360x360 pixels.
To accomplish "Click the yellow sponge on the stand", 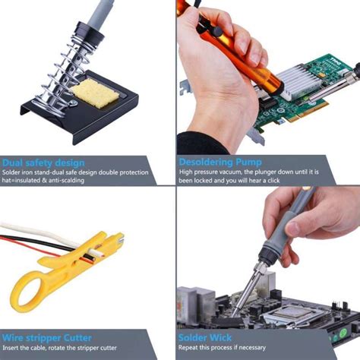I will click(94, 94).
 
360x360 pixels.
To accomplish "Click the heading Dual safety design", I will click(43, 163).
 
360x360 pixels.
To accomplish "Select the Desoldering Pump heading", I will click(219, 163).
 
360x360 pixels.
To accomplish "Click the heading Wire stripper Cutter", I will click(47, 336).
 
